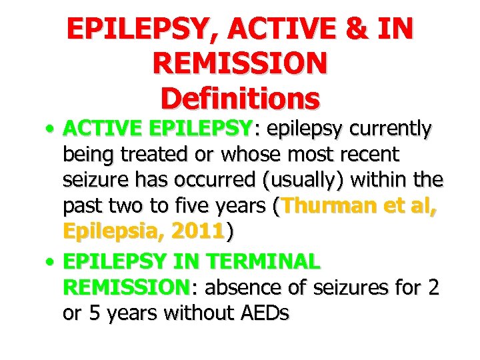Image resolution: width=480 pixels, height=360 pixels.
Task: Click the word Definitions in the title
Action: click(x=240, y=99)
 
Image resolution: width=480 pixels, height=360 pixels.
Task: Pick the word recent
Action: click(x=366, y=155)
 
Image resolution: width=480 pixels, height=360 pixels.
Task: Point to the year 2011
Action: click(x=197, y=232)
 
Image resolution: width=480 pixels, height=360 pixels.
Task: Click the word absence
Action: click(x=246, y=288)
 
